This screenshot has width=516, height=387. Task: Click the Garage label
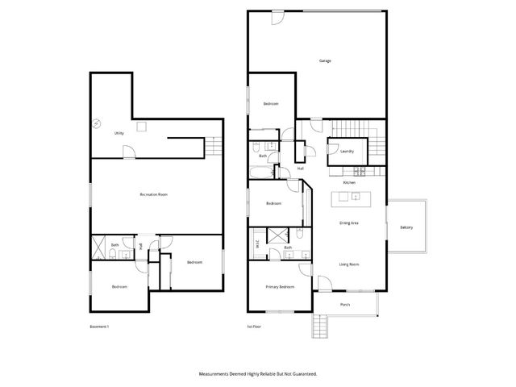point(325,60)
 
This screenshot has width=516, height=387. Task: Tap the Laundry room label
point(347,151)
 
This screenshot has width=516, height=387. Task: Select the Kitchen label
point(349,183)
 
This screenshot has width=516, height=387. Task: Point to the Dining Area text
point(349,222)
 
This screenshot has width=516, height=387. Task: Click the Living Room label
point(349,264)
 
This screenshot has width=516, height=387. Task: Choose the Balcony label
point(406,227)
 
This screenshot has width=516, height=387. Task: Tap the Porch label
point(345,305)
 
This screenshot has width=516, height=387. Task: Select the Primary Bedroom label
point(280,286)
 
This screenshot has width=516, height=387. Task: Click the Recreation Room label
point(153,194)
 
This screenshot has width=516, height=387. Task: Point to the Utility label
point(119,133)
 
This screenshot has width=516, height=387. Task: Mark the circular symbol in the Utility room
point(95,123)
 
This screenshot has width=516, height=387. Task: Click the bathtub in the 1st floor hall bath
point(262,172)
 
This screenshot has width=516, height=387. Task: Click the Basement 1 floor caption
point(98,327)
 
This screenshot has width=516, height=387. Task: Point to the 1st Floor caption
point(255,327)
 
